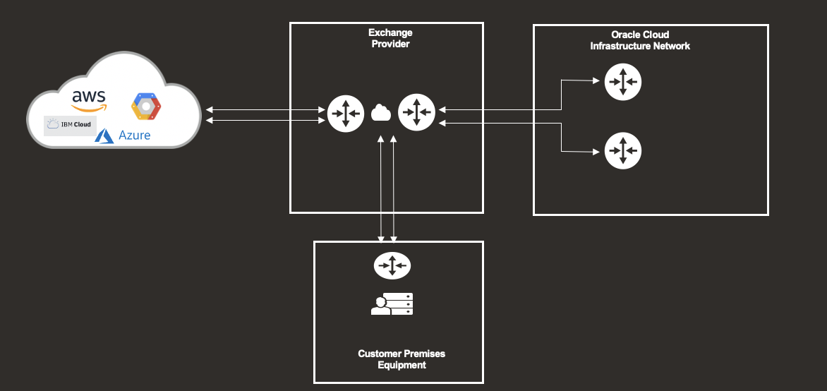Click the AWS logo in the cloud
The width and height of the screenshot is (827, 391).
(x=89, y=100)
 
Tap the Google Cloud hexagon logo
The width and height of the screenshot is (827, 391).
(x=145, y=105)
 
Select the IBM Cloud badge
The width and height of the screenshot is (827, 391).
(x=69, y=125)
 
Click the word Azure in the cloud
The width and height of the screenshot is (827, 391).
(x=134, y=135)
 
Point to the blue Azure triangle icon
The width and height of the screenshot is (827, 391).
(x=105, y=136)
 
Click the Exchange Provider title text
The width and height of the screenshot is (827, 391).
(x=390, y=38)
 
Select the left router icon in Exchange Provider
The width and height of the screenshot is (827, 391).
(x=346, y=113)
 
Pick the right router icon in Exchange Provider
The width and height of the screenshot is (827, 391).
(x=416, y=112)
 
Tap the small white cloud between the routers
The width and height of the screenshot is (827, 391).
(x=381, y=112)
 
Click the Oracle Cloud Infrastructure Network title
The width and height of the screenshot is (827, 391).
(x=640, y=40)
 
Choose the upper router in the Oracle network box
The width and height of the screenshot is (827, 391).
(x=623, y=82)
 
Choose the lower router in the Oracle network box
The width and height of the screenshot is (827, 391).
(x=623, y=150)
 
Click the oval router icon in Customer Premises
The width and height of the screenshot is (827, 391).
(x=392, y=265)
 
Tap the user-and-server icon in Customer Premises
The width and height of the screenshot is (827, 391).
(x=392, y=304)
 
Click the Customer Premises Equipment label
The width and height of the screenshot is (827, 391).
(x=402, y=359)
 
